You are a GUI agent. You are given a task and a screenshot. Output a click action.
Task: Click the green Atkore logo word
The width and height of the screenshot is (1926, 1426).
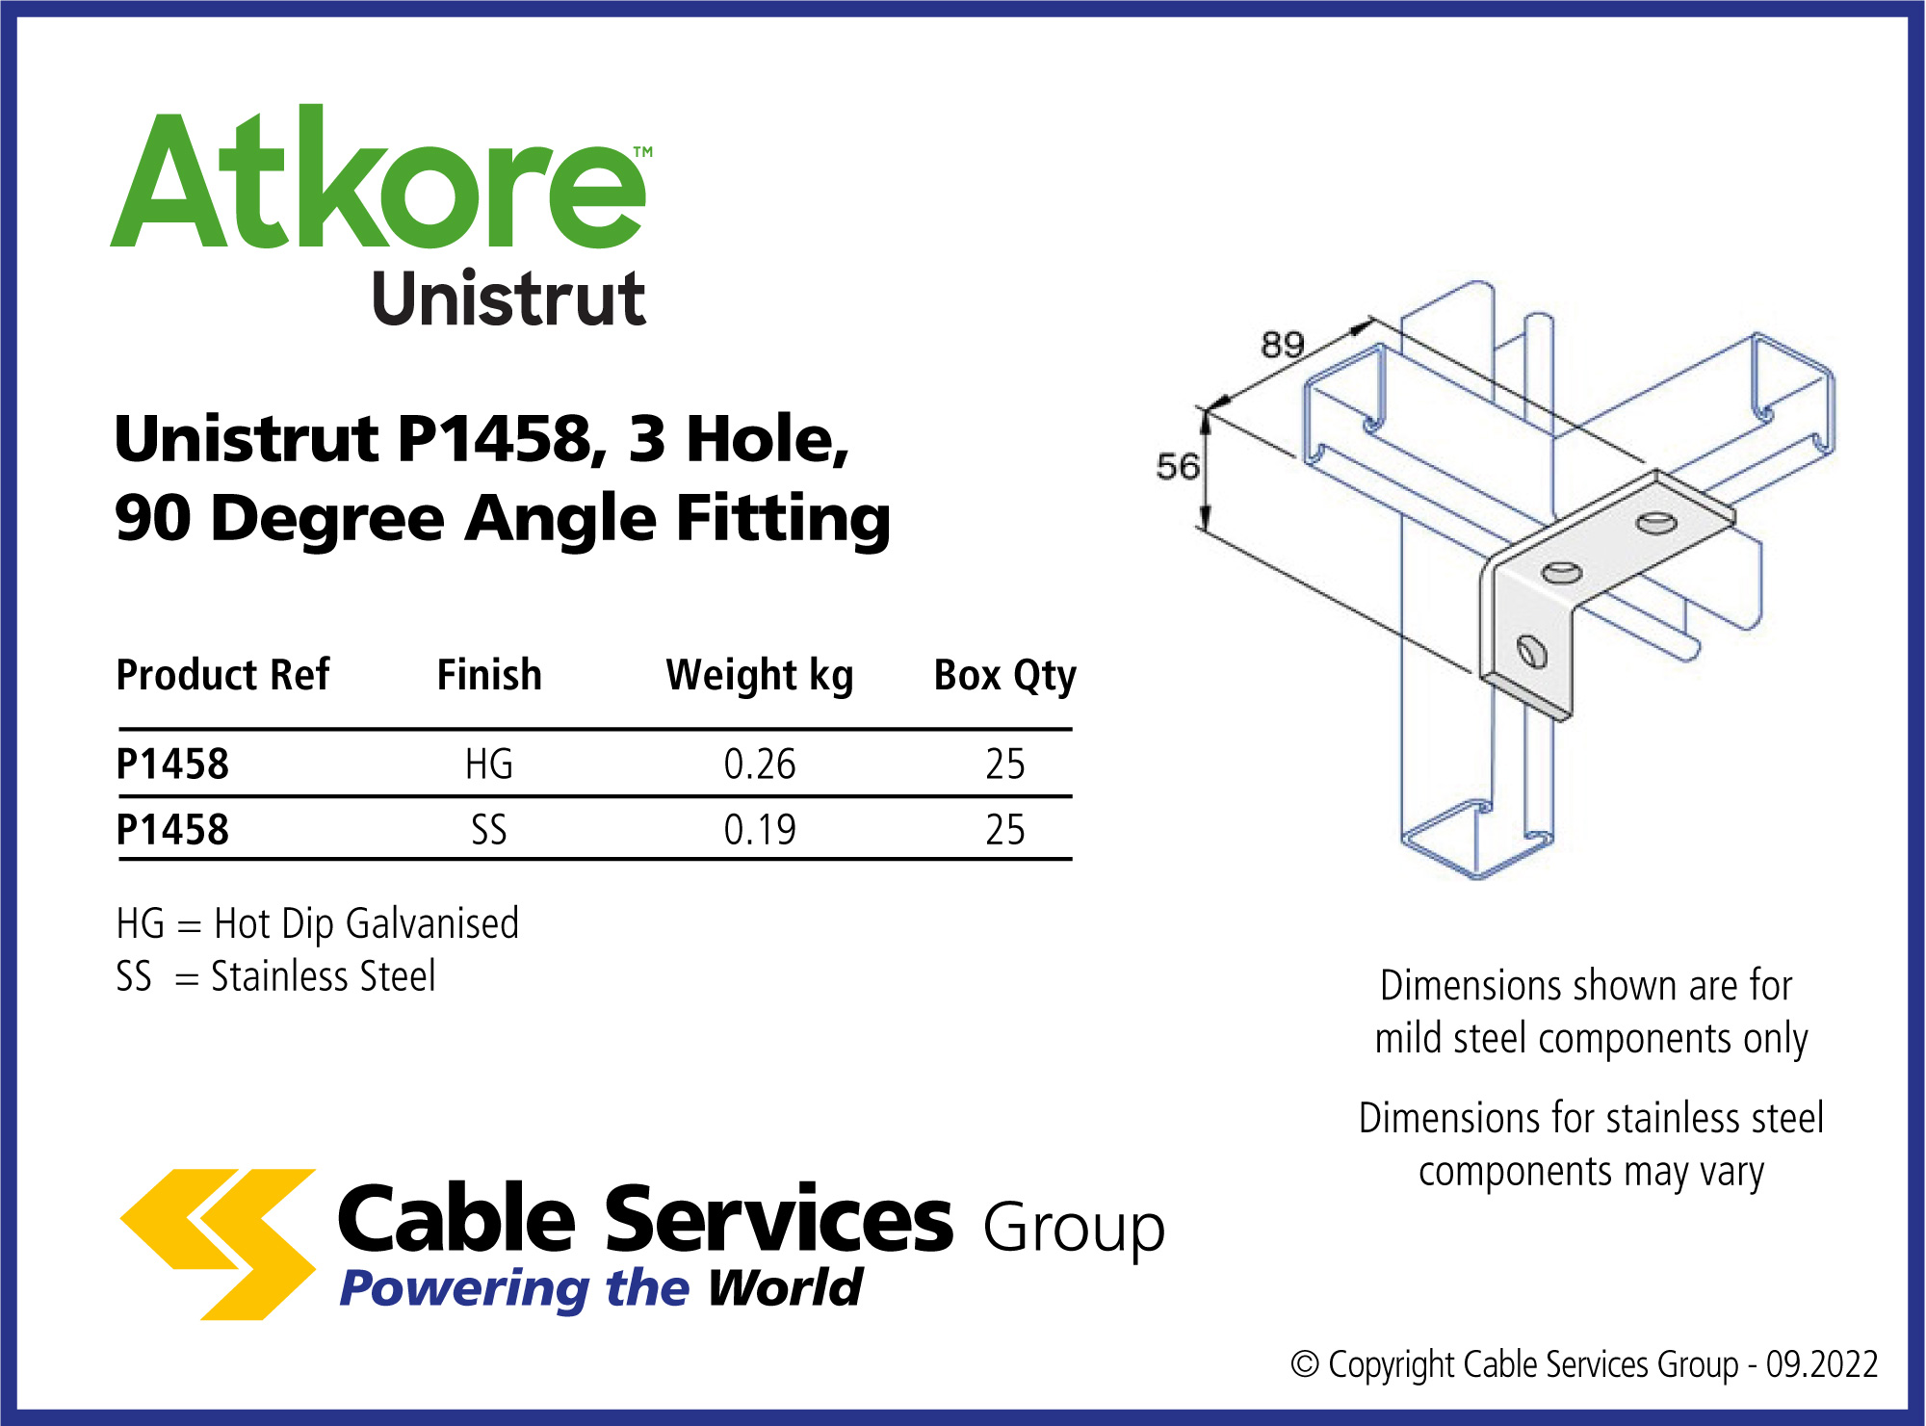pos(377,178)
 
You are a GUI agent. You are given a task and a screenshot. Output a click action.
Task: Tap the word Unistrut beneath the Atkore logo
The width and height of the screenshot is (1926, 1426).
pos(508,298)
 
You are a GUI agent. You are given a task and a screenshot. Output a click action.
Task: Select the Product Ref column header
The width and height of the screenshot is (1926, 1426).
pos(222,675)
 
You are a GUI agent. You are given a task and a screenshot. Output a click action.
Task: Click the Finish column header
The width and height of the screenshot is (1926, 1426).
pos(489,675)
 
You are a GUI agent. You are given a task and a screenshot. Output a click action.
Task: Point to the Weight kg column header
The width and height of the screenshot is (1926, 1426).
pos(760,676)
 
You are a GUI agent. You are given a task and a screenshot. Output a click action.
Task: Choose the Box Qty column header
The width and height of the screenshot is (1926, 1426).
pos(1005,676)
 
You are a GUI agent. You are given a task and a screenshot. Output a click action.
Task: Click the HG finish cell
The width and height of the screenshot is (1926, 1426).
pos(489,765)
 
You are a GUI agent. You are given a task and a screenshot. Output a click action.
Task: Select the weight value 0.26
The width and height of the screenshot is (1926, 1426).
pos(760,765)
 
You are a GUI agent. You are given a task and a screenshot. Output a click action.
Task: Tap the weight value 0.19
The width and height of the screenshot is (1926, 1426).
pos(760,830)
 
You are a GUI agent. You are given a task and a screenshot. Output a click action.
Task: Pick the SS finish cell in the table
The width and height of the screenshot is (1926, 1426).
pos(489,830)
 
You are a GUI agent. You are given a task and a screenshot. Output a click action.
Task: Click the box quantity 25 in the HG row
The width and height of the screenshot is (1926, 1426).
pos(1005,765)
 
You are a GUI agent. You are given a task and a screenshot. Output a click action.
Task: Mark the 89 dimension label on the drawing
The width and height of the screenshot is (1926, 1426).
pos(1283,345)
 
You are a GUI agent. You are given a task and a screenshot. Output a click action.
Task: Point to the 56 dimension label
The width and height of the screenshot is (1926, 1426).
pos(1178,467)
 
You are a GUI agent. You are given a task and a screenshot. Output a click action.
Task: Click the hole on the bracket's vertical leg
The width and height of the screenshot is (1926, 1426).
pos(1531,652)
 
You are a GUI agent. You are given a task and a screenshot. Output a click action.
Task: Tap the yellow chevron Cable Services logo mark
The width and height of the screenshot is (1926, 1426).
pos(219,1244)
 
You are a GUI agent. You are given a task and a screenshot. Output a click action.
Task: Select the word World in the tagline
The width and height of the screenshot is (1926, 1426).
pos(785,1288)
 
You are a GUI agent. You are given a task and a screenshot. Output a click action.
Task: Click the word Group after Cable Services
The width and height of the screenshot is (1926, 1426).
pos(1074,1229)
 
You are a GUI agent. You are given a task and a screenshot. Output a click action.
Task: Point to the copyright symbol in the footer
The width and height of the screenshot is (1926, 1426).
pos(1305,1364)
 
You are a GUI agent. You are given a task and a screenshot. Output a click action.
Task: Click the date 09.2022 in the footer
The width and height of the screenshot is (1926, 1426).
pos(1822,1364)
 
